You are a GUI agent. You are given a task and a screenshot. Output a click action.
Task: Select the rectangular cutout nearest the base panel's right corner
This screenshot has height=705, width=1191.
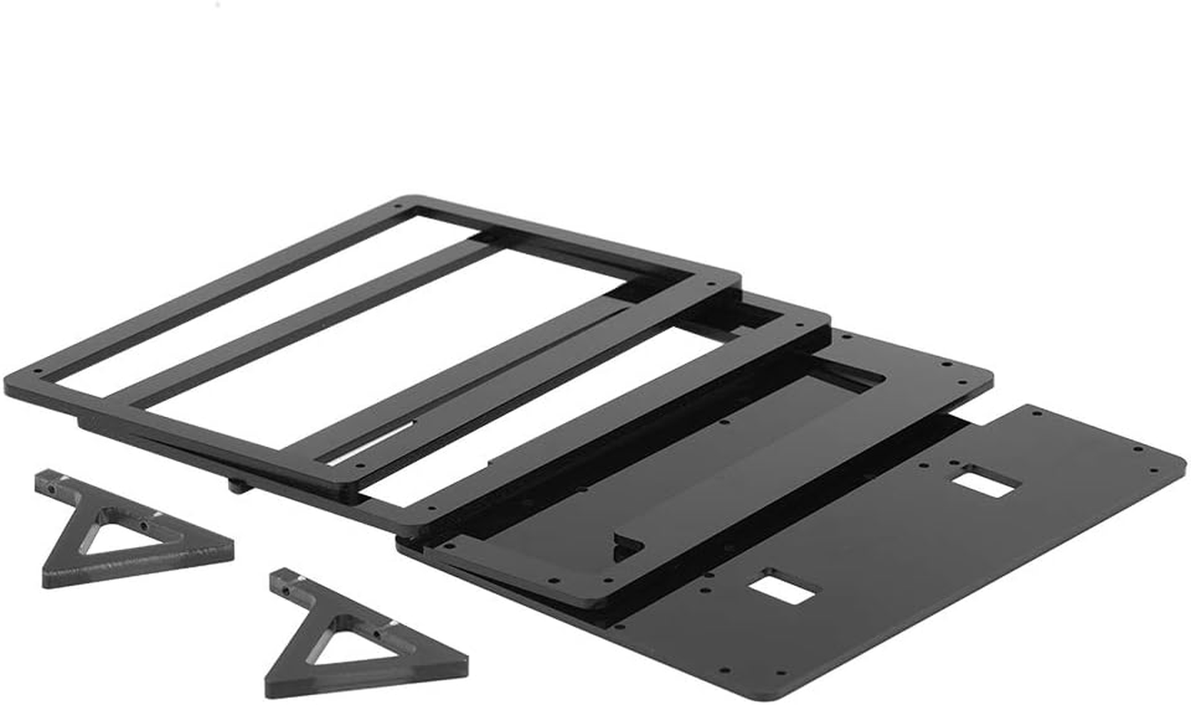[x=988, y=481]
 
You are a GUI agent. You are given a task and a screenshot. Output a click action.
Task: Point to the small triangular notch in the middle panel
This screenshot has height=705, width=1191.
[x=627, y=547]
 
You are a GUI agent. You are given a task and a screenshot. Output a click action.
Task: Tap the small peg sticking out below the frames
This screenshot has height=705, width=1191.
[x=237, y=483]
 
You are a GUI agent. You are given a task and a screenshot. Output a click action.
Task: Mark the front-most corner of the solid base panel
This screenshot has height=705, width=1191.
[x=775, y=696]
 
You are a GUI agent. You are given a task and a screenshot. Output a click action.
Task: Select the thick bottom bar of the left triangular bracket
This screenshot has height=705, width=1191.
[x=141, y=568]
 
